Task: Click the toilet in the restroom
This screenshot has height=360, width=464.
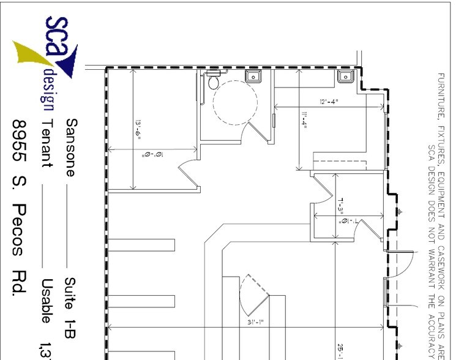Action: (214, 80)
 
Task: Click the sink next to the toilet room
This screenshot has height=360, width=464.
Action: (253, 76)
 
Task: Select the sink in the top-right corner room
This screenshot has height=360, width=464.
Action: (345, 76)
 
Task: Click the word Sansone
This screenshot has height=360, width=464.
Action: (71, 148)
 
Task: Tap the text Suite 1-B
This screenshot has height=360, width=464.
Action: (71, 307)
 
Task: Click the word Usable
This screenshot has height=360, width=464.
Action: (47, 301)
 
